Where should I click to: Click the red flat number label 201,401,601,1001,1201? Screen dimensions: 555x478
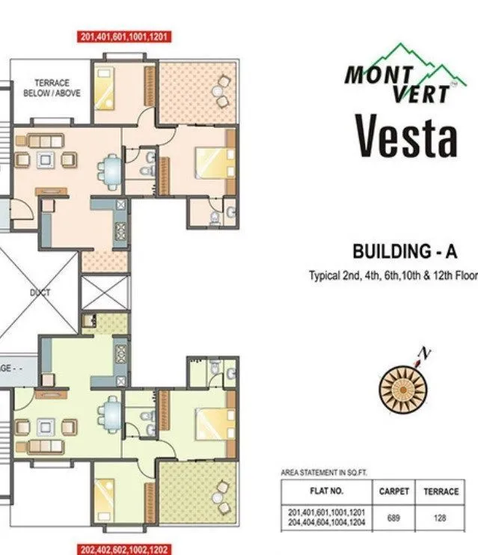[x=125, y=36]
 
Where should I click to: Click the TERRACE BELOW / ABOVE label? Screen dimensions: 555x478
[x=51, y=88]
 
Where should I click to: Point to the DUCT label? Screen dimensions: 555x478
[x=40, y=292]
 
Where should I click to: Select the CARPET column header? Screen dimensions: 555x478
[x=393, y=491]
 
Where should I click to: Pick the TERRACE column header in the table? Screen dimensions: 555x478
[x=441, y=491]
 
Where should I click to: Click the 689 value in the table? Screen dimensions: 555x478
[x=393, y=517]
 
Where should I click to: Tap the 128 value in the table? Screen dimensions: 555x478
[x=441, y=517]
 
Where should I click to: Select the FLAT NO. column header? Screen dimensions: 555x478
[x=326, y=491]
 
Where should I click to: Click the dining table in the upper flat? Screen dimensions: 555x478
[x=111, y=171]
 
